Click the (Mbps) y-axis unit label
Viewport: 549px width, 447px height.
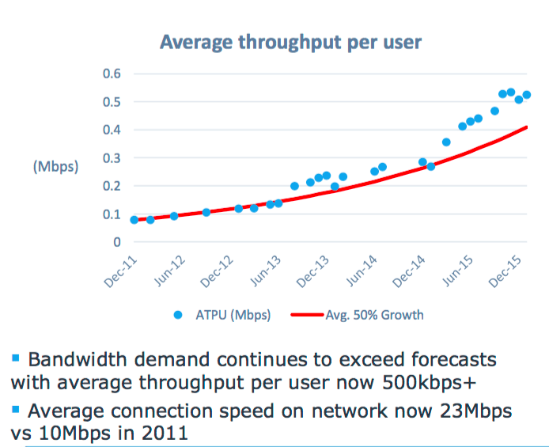55,168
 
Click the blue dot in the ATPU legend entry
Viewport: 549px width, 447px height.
178,315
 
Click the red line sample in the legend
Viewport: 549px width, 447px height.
307,315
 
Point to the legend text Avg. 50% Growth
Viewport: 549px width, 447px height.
374,315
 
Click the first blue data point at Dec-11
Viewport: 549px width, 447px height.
134,220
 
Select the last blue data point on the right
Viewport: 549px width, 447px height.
526,95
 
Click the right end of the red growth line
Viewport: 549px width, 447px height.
527,127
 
